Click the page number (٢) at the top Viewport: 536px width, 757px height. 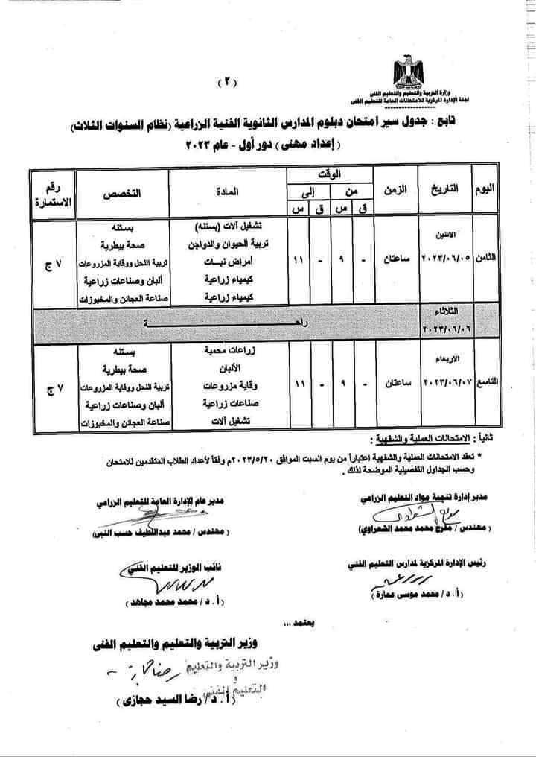click(x=225, y=83)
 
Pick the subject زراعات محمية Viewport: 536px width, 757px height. click(x=232, y=351)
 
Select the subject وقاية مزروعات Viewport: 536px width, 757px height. click(x=232, y=387)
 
